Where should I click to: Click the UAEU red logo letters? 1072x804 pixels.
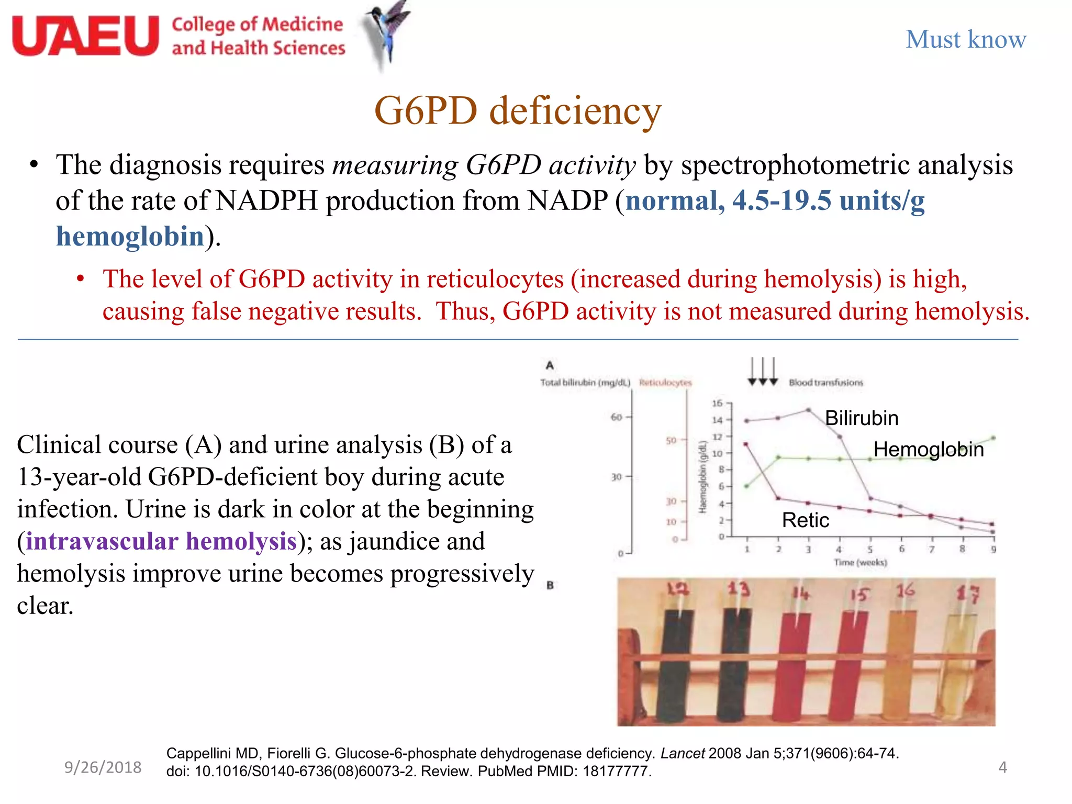point(85,36)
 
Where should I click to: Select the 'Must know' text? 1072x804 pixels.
point(966,39)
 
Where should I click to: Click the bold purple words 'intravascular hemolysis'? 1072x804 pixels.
point(161,541)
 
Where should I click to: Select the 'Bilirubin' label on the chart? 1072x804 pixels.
point(862,418)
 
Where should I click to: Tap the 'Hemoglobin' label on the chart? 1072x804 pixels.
point(928,450)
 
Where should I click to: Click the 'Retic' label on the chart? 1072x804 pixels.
point(805,520)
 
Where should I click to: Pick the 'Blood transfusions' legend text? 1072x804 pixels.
point(825,383)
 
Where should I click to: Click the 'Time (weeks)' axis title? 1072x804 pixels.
point(860,563)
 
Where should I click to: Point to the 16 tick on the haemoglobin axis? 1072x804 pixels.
point(717,403)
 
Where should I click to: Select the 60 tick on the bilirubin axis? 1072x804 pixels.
point(616,417)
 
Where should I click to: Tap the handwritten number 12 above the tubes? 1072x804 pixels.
point(678,590)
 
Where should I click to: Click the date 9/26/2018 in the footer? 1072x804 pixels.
point(103,767)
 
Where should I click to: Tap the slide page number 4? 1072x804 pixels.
point(1002,767)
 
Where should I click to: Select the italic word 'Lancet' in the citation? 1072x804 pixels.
point(683,754)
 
